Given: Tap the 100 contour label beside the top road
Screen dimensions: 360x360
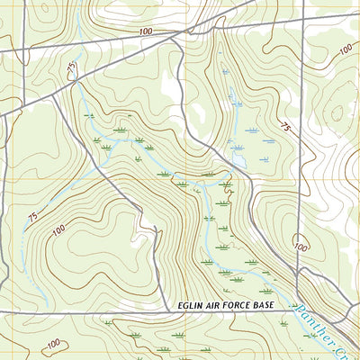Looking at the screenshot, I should pyautogui.click(x=147, y=31).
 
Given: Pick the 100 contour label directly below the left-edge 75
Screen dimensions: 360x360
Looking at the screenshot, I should pyautogui.click(x=59, y=231).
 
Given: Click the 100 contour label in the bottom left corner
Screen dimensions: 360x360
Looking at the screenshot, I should pyautogui.click(x=53, y=343).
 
